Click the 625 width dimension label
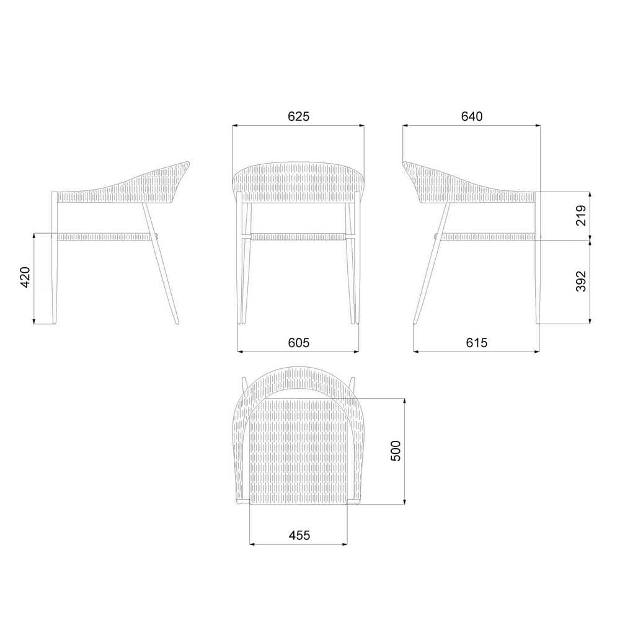[299, 117]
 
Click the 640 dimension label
[472, 117]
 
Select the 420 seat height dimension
[25, 277]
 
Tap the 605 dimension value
[299, 342]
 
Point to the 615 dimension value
[476, 342]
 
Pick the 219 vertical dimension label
[581, 215]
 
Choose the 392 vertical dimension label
[581, 281]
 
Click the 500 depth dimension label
[396, 451]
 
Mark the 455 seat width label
[299, 535]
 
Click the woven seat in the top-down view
[299, 454]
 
